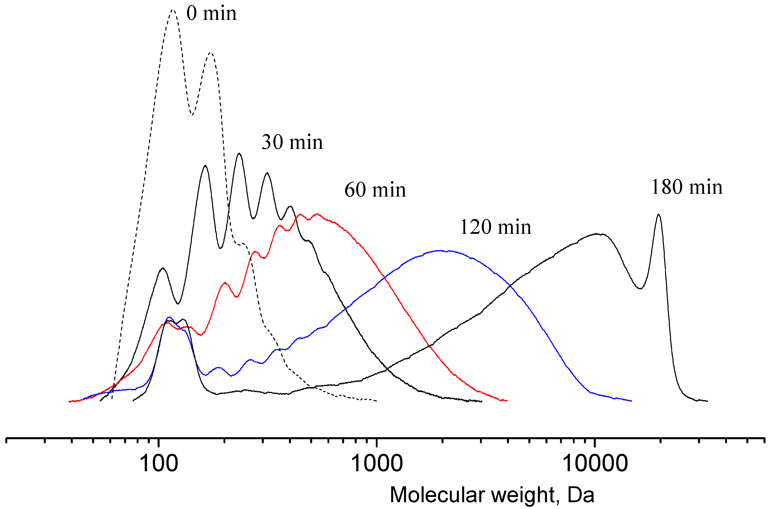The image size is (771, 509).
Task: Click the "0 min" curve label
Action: [x=211, y=14]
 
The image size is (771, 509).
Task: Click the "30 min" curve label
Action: [x=292, y=143]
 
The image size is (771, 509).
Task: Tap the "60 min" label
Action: [x=375, y=190]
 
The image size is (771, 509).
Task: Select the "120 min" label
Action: [x=496, y=227]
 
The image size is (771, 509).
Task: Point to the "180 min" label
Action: [x=687, y=188]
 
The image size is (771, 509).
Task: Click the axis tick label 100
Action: [x=159, y=464]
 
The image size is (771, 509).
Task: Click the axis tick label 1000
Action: [x=377, y=464]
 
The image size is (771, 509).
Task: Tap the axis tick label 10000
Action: [x=595, y=464]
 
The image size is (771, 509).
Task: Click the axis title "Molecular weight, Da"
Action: [x=492, y=495]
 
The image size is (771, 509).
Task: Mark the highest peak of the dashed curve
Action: [x=173, y=10]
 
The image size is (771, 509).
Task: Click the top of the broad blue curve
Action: [x=439, y=250]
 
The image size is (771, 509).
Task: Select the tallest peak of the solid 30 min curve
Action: [x=239, y=153]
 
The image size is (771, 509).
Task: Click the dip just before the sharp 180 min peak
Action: [x=640, y=288]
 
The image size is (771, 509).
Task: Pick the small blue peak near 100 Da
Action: [x=169, y=317]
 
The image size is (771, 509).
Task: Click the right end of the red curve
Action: [x=506, y=401]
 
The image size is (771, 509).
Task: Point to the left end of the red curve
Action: [x=70, y=402]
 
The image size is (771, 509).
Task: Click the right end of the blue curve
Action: [x=631, y=401]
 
